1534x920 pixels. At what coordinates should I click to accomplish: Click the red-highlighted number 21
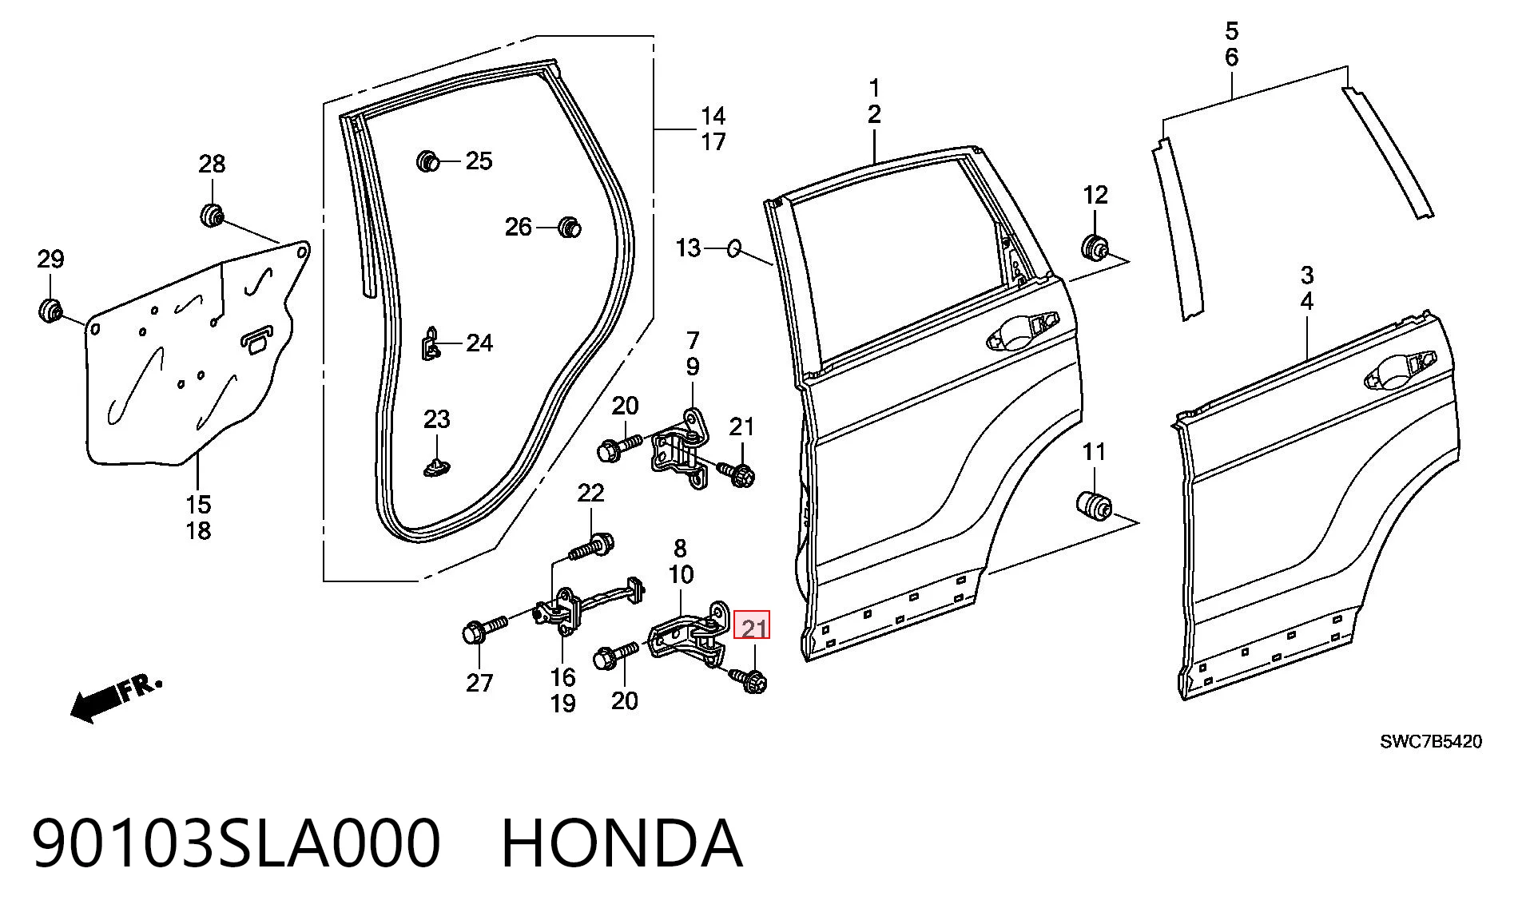click(x=752, y=628)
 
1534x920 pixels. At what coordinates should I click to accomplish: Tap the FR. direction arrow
click(x=116, y=700)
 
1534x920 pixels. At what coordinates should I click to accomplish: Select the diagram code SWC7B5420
click(x=1431, y=741)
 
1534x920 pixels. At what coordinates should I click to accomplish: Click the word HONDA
click(x=622, y=843)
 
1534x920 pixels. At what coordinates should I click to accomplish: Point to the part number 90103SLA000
click(x=236, y=843)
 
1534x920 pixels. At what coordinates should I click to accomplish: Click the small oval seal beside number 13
click(x=733, y=248)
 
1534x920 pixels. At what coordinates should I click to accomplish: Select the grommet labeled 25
click(x=428, y=161)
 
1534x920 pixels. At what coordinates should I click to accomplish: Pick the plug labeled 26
click(x=569, y=227)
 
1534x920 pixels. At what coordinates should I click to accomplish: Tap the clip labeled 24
click(x=431, y=343)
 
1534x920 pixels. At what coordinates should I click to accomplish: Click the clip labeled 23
click(x=436, y=466)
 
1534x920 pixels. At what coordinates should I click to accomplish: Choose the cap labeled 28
click(x=211, y=215)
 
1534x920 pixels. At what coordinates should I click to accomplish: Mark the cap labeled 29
click(x=51, y=310)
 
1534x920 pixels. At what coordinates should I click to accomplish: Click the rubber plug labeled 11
click(x=1092, y=506)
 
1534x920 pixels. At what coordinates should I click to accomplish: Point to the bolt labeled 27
click(x=485, y=629)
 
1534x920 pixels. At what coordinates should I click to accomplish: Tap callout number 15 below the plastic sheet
click(x=199, y=505)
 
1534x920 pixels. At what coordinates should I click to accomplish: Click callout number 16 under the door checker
click(x=562, y=677)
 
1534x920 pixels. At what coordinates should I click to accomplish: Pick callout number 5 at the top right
click(x=1231, y=32)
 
